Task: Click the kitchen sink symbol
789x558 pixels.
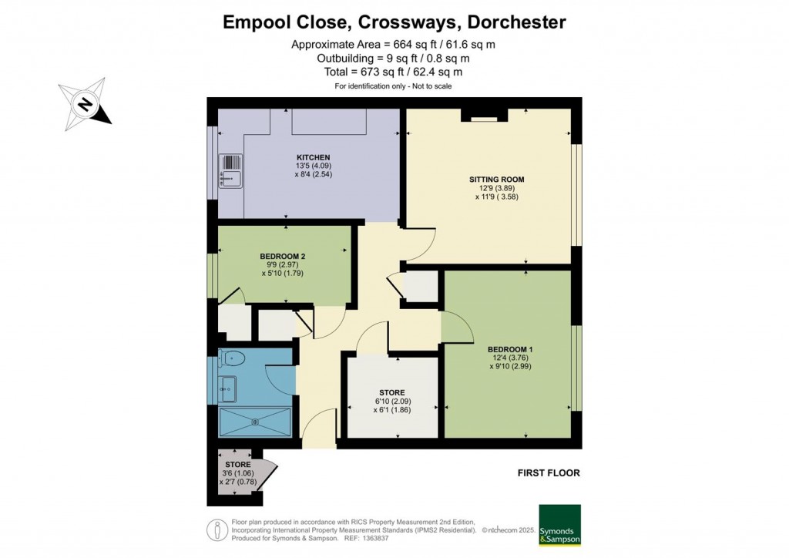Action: (x=230, y=170)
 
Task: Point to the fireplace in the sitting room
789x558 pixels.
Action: (x=485, y=116)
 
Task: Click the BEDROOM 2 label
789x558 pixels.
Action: (x=283, y=255)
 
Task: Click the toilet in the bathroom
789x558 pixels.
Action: (x=232, y=358)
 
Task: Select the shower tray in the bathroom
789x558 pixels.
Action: (x=255, y=422)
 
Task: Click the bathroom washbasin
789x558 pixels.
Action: (x=229, y=387)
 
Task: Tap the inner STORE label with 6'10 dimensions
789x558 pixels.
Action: (x=391, y=393)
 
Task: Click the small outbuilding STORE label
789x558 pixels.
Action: (x=237, y=465)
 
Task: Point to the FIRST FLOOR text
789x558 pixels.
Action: (x=549, y=472)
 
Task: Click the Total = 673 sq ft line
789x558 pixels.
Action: (x=393, y=72)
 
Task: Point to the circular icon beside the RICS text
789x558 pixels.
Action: (x=218, y=530)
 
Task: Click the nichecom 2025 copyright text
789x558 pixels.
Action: (x=508, y=530)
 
